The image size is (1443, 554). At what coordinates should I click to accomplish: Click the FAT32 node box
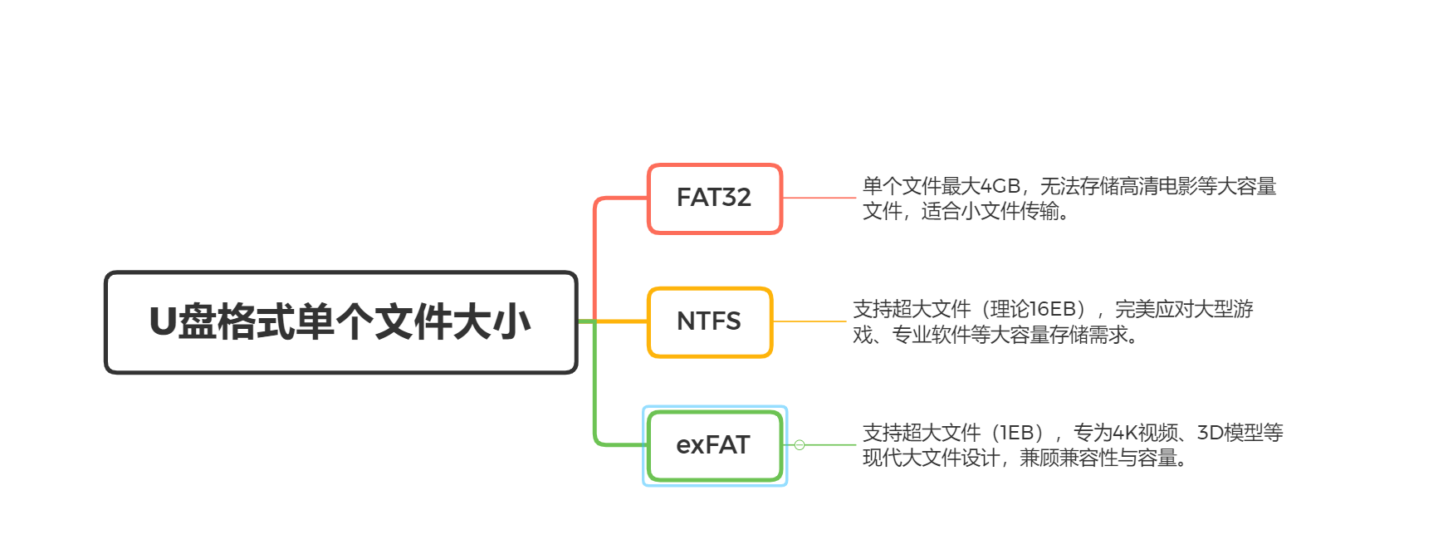click(714, 199)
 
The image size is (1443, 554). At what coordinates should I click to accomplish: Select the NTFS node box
click(710, 322)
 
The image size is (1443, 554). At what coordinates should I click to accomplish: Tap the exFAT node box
click(714, 445)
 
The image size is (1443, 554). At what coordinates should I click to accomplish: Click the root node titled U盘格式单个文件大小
click(340, 322)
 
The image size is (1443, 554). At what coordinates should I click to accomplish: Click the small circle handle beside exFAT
click(800, 445)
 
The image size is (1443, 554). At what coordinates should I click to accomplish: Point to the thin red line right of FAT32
click(819, 198)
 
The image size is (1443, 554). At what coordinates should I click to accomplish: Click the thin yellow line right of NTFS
click(810, 321)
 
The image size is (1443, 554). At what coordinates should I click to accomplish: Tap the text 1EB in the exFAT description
click(1017, 433)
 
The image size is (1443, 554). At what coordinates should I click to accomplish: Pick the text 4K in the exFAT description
click(1124, 433)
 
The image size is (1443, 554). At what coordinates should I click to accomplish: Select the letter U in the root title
click(163, 322)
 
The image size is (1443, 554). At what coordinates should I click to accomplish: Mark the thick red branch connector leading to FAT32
click(596, 249)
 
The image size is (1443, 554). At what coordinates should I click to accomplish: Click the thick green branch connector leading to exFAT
click(596, 399)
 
